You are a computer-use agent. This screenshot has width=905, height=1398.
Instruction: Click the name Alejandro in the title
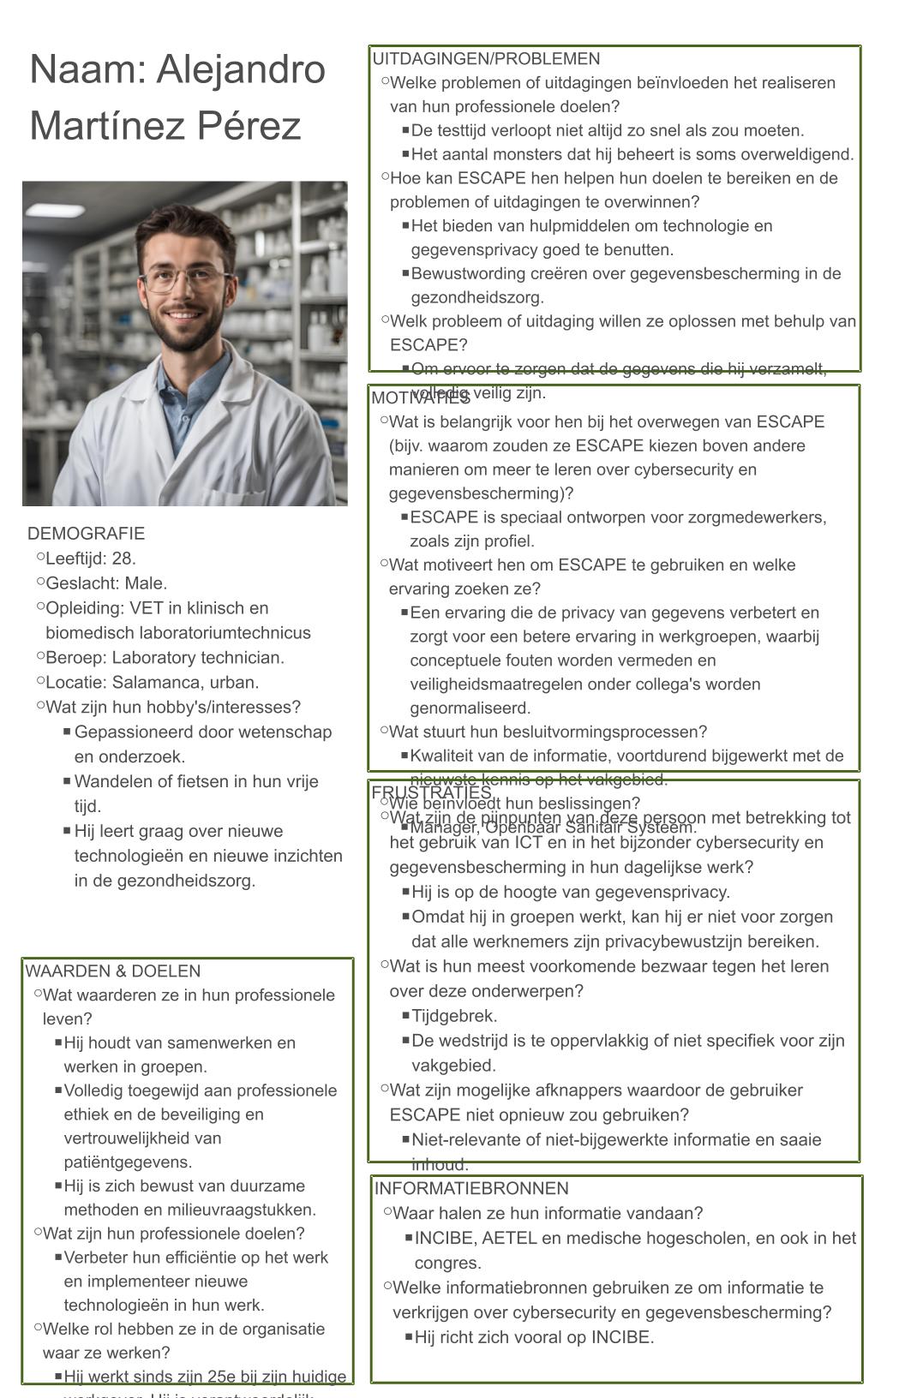coord(241,69)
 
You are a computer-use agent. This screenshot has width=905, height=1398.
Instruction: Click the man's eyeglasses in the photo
coord(187,279)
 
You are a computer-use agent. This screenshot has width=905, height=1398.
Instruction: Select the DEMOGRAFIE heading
coord(86,534)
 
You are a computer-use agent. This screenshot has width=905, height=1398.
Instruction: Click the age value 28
coord(123,559)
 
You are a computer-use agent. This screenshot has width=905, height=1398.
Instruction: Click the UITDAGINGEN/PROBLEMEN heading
coord(486,59)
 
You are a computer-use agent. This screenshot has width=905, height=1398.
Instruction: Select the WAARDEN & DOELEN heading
coord(112,971)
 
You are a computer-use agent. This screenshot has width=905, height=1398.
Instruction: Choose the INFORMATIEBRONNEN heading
coord(471,1189)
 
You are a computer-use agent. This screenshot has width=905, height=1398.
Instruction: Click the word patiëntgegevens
coord(128,1162)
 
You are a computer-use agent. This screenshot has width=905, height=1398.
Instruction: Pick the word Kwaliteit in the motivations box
coord(444,756)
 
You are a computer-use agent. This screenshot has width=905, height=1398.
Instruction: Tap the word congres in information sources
coord(447,1264)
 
